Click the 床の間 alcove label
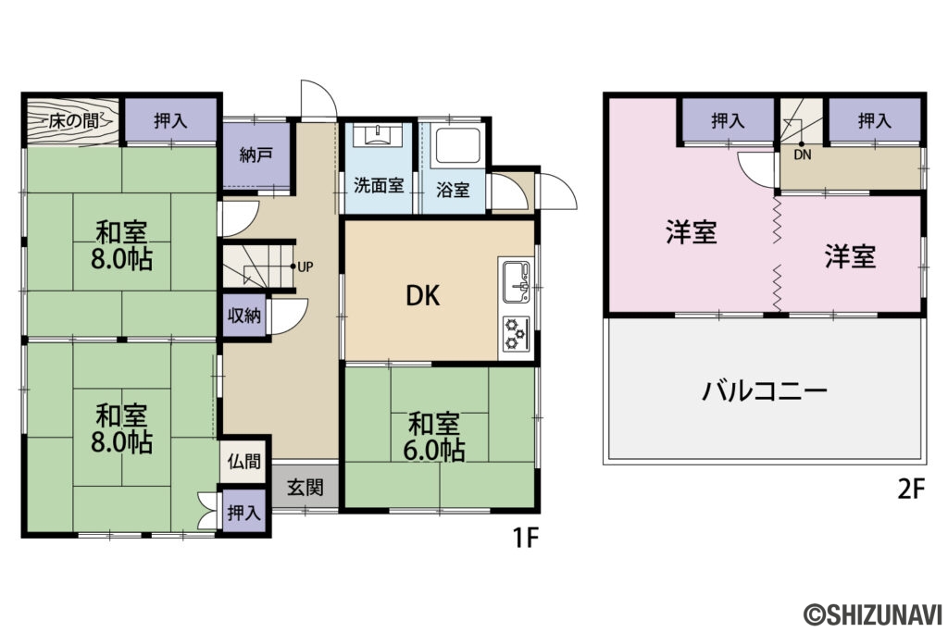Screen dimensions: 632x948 click(x=70, y=119)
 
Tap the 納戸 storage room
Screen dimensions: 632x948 click(x=250, y=155)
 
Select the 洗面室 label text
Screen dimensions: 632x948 click(x=378, y=185)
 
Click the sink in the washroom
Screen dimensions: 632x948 click(x=380, y=138)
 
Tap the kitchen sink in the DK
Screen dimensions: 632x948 click(x=517, y=279)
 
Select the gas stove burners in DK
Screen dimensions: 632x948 click(x=516, y=333)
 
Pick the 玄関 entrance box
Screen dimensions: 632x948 click(x=305, y=486)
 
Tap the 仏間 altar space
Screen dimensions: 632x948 click(x=245, y=461)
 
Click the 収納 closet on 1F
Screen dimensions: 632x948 click(x=244, y=316)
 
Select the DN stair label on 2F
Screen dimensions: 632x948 click(x=802, y=155)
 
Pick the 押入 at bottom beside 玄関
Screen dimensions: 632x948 click(x=243, y=513)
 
